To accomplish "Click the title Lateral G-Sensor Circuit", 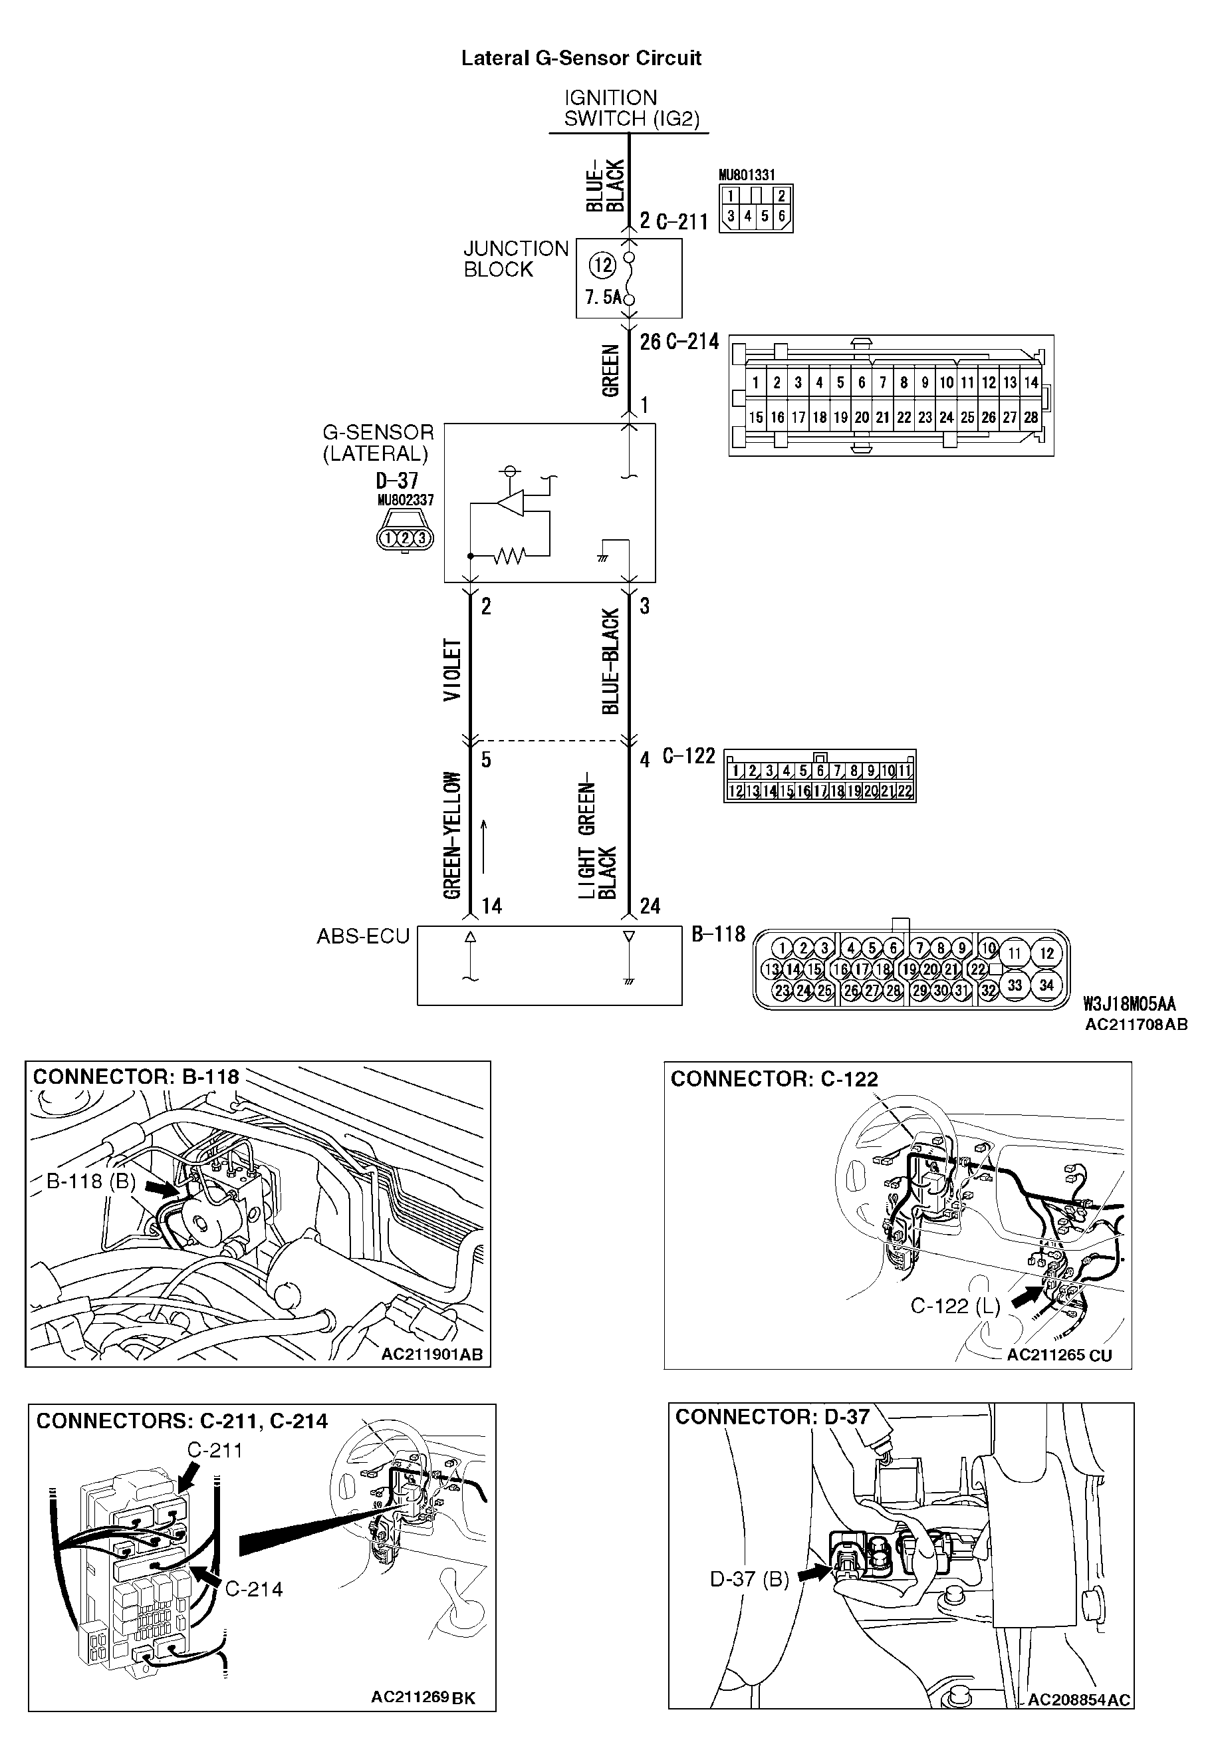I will [x=581, y=59].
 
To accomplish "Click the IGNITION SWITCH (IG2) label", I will [x=630, y=108].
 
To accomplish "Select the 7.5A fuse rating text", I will [x=603, y=297].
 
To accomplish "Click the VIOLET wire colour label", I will [x=452, y=669].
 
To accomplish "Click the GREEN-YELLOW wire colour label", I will [x=452, y=834].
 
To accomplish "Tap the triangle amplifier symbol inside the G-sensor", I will [x=511, y=503].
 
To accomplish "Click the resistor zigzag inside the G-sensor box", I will [x=509, y=557].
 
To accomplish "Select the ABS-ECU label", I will [x=362, y=936].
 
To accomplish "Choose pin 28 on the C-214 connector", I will [x=1030, y=417].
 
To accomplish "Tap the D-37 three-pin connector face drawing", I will [x=405, y=537].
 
